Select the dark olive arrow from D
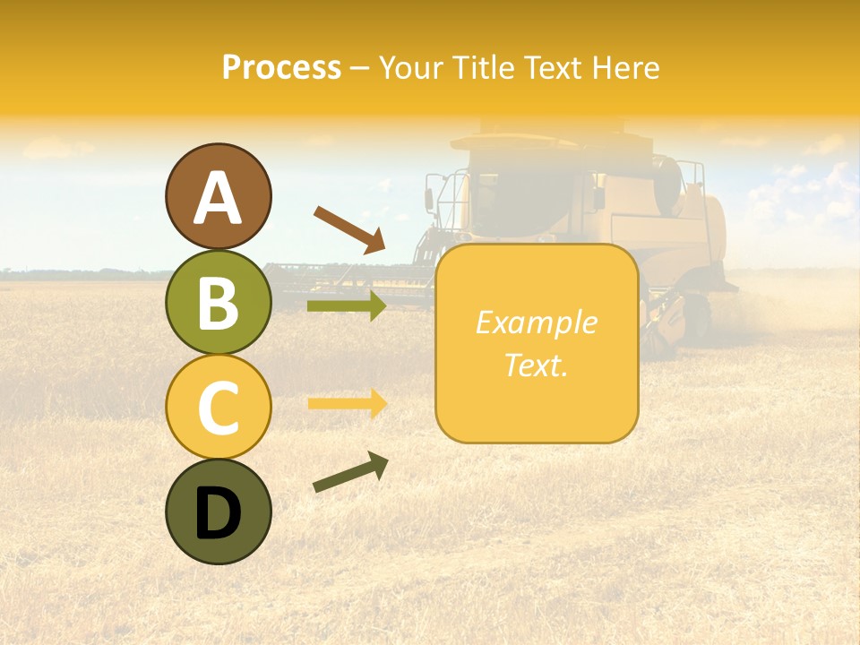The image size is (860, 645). click(350, 473)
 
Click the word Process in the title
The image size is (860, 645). click(281, 68)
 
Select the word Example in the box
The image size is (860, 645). click(536, 322)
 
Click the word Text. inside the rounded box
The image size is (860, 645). click(536, 365)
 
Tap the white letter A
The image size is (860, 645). click(219, 198)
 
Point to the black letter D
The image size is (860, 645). click(219, 513)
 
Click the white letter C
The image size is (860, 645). click(219, 408)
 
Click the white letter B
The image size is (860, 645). click(219, 303)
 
